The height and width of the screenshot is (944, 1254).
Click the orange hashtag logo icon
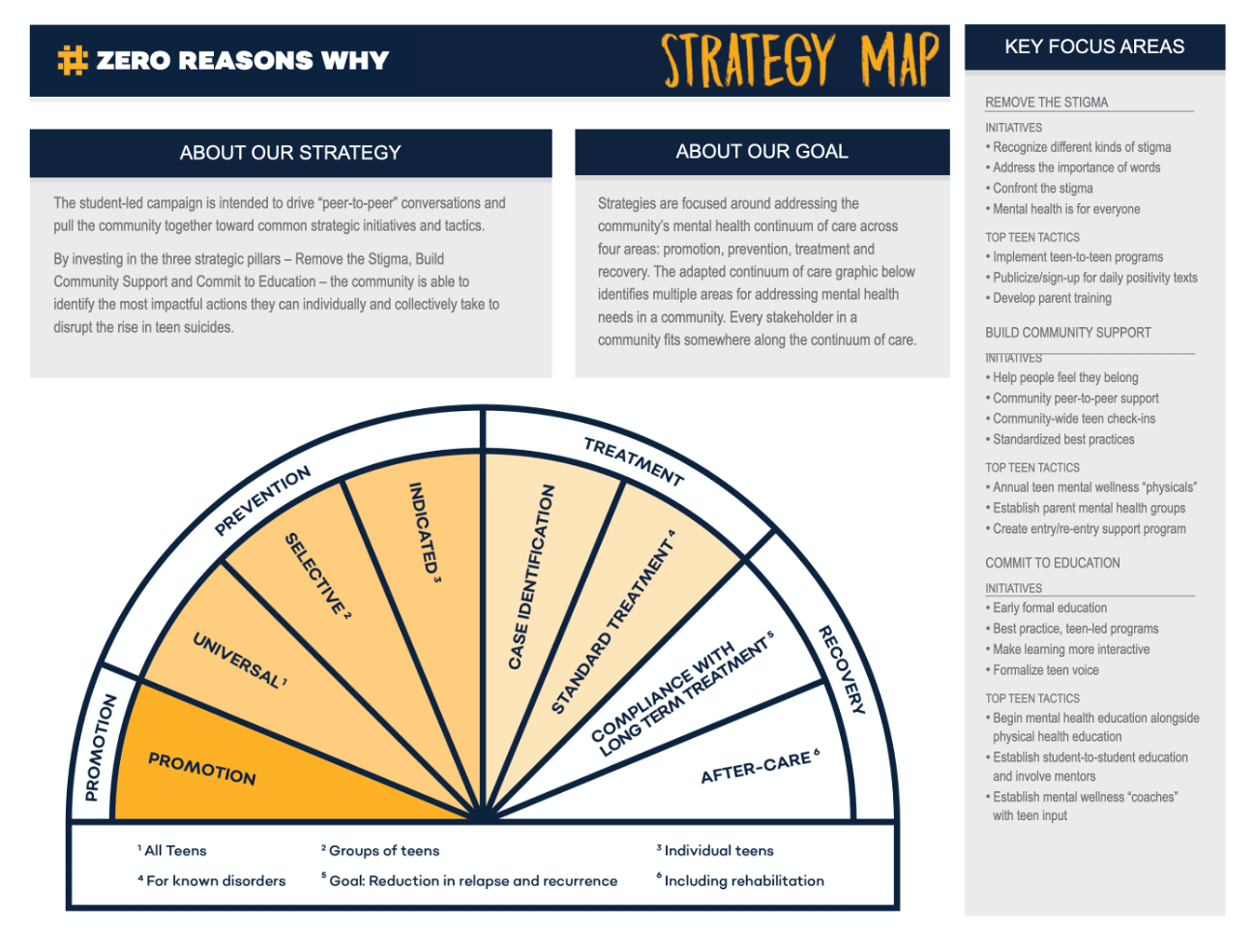73,60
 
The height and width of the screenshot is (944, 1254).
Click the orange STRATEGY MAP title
800,60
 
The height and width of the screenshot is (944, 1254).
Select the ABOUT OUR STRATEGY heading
290,153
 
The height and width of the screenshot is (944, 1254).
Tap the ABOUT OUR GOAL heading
761,151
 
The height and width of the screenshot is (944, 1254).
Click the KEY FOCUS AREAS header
1094,46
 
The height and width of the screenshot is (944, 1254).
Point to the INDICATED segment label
424,531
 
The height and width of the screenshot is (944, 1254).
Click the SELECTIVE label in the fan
317,575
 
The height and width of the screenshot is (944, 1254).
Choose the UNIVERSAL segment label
240,661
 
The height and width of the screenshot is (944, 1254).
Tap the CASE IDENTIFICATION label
531,576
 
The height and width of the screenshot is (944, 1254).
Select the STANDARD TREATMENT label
613,623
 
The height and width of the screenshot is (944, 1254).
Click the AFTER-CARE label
760,767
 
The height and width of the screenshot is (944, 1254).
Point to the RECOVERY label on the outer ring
842,669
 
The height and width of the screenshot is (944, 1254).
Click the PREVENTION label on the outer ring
263,501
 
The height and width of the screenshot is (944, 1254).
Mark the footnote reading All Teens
172,850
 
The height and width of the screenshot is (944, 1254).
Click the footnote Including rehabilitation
740,880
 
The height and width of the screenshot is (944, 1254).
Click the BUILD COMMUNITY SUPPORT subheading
1068,333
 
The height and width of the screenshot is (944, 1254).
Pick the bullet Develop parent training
1048,298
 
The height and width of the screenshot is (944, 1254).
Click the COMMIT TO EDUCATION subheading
1053,563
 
